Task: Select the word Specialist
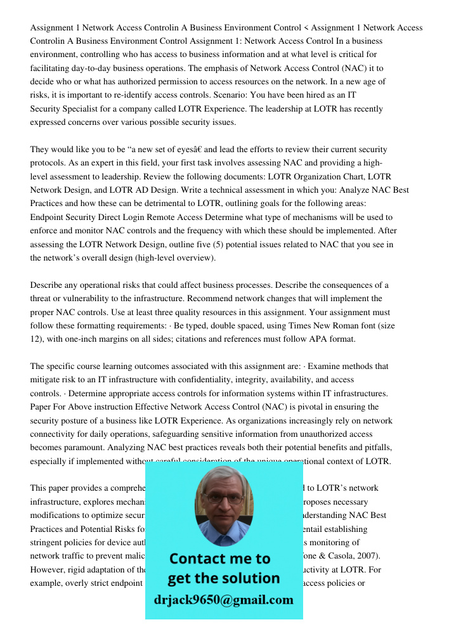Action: [x=78, y=109]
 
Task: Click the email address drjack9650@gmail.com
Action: [x=223, y=600]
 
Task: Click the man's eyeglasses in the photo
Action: [x=223, y=498]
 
